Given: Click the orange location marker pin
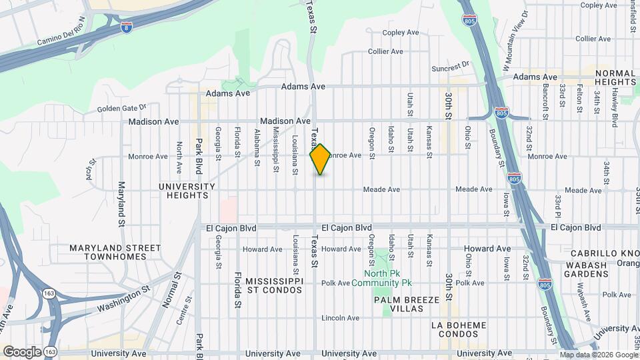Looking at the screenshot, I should [320, 159].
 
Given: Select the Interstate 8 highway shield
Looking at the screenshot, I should [126, 27].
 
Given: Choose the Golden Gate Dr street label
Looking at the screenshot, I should [121, 108].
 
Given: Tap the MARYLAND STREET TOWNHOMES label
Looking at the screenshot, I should [115, 253].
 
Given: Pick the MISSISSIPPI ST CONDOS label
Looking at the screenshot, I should [274, 286].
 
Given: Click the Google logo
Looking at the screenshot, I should [22, 351].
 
